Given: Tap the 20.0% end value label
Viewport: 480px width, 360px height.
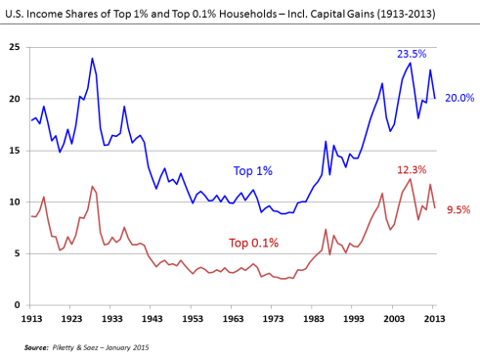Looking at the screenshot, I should coord(459,99).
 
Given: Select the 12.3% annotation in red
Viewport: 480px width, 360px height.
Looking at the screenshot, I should coord(410,170).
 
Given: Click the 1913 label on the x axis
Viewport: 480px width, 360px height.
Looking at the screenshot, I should coord(31,319).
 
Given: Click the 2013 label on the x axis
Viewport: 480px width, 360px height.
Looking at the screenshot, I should coord(434,319).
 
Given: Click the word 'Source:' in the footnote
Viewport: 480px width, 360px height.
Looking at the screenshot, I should coord(38,346).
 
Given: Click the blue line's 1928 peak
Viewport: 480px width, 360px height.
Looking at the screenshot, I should coord(93,59).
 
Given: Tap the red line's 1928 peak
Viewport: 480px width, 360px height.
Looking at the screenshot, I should coord(93,186).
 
